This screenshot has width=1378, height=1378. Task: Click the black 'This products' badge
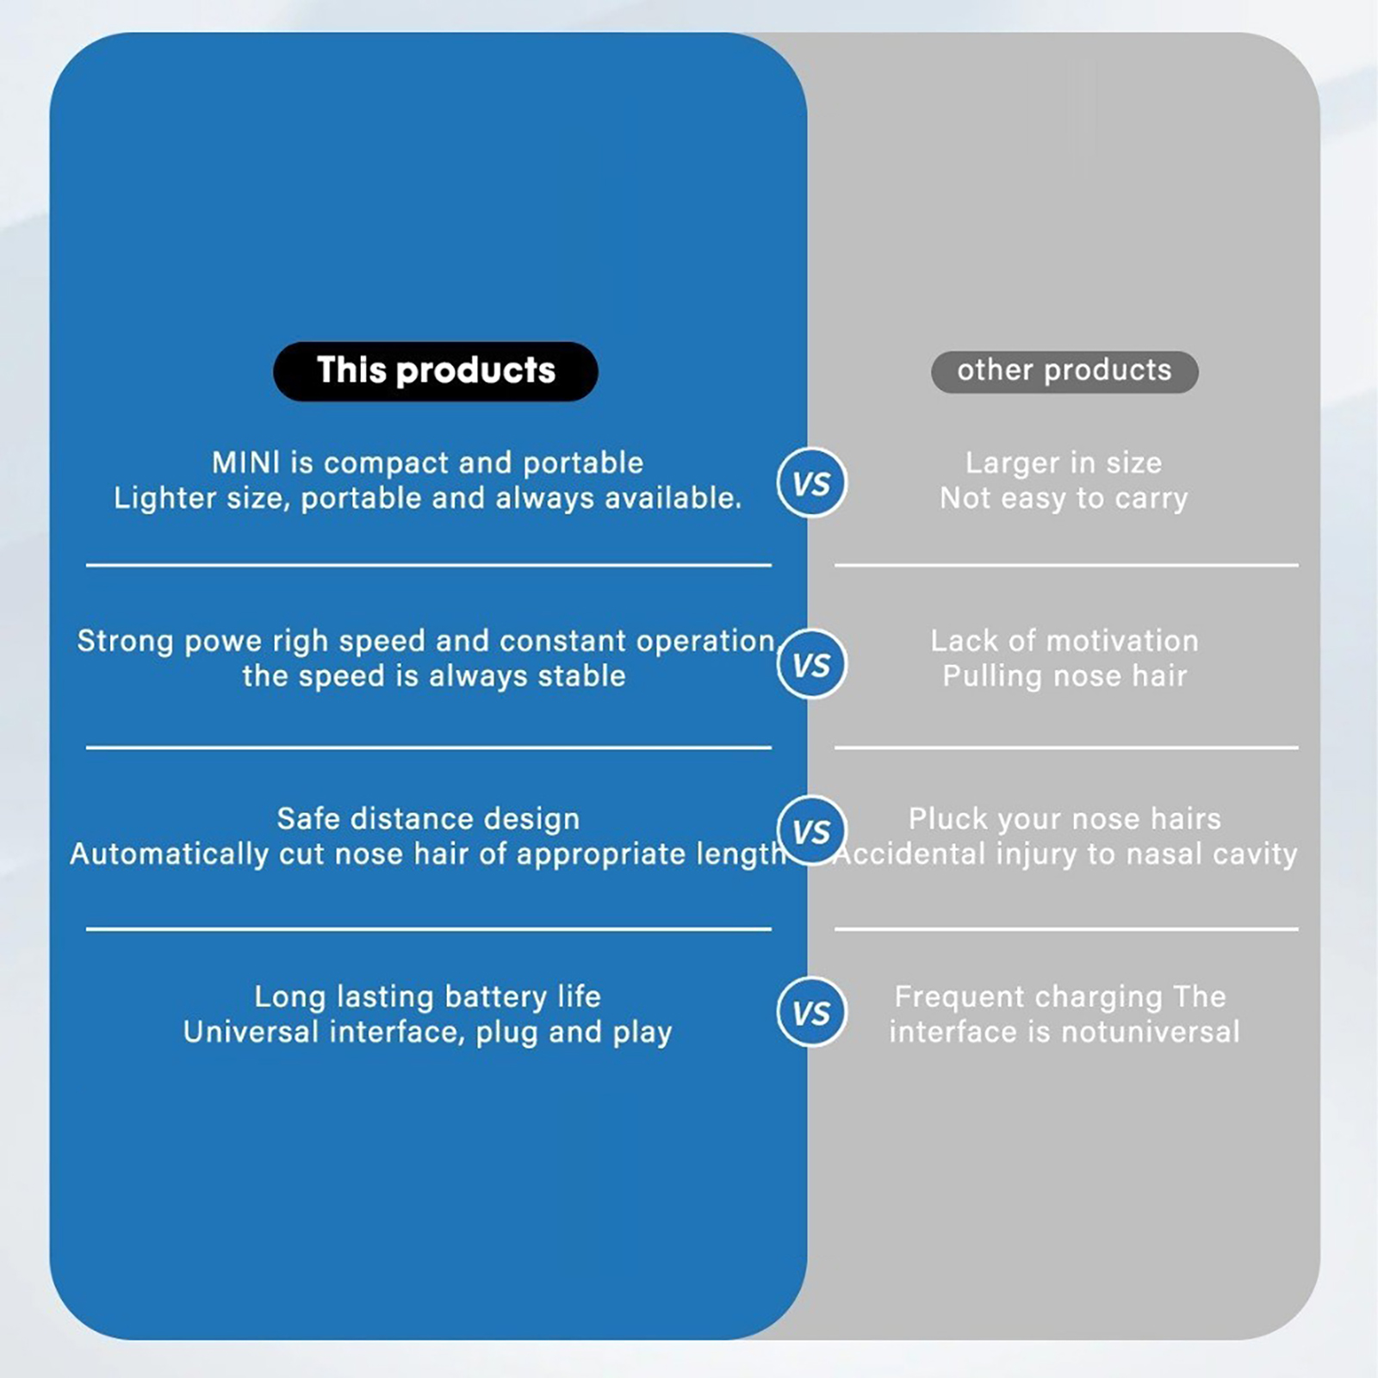tap(435, 371)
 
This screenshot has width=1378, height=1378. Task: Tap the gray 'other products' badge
tap(1064, 371)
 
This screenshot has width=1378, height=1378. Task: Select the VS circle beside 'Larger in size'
tap(811, 482)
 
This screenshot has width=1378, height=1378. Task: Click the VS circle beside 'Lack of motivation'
tap(811, 664)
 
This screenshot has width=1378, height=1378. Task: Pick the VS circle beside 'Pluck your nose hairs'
tap(811, 830)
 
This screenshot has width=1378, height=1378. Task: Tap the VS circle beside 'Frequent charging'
tap(811, 1012)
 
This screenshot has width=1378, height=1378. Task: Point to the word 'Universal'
tap(251, 1032)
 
